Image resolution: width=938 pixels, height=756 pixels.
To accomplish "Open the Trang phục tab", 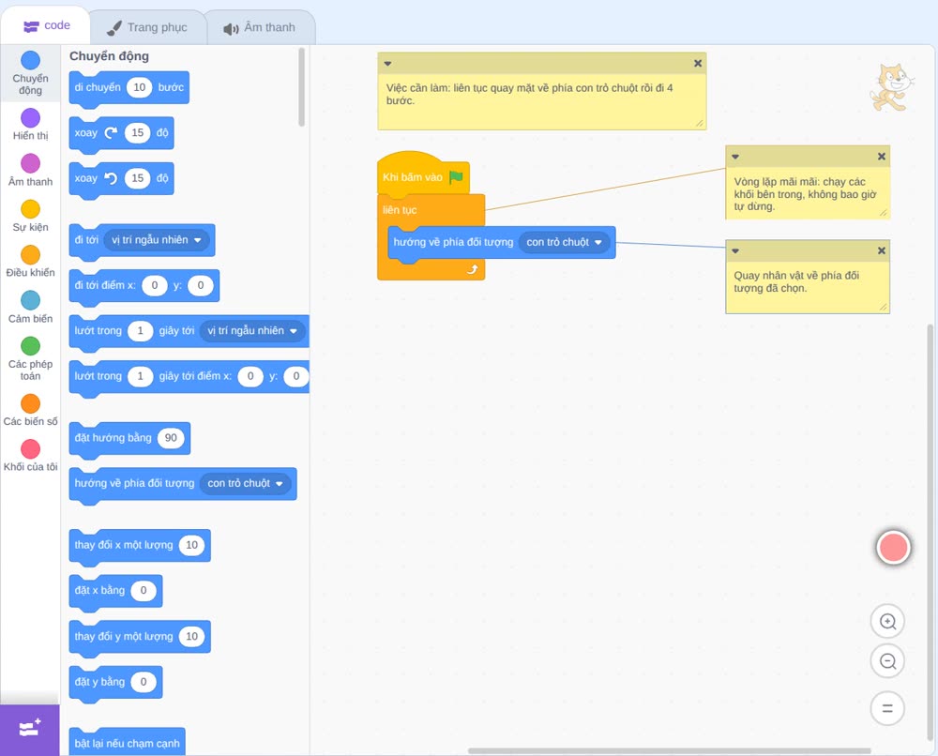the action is pyautogui.click(x=147, y=27).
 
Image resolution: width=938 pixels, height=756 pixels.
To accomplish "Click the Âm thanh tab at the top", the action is pyautogui.click(x=260, y=27).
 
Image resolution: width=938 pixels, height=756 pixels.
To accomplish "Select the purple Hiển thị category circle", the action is pyautogui.click(x=31, y=118).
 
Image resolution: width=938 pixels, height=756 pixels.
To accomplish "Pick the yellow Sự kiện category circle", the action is pyautogui.click(x=31, y=209).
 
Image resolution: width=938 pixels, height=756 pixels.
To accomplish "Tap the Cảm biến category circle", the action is pyautogui.click(x=31, y=300).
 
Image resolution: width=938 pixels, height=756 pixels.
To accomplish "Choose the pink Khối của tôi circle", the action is pyautogui.click(x=31, y=448).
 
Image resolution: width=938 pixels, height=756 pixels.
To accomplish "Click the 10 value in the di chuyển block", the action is pyautogui.click(x=140, y=87).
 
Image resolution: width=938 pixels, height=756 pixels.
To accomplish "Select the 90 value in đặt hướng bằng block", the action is pyautogui.click(x=171, y=438).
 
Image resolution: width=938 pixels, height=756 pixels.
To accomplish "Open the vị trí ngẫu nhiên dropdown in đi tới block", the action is pyautogui.click(x=156, y=240).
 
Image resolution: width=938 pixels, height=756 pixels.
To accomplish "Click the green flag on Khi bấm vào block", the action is pyautogui.click(x=456, y=177).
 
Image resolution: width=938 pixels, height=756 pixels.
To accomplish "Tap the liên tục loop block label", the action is pyautogui.click(x=400, y=210).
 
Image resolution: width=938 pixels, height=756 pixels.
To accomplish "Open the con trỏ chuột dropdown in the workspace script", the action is pyautogui.click(x=564, y=242).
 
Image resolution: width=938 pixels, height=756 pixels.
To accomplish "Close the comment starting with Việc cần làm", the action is pyautogui.click(x=698, y=64).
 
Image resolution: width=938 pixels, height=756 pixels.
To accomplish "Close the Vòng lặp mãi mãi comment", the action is pyautogui.click(x=881, y=157).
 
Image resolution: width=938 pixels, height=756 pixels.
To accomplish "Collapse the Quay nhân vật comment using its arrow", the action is pyautogui.click(x=735, y=251).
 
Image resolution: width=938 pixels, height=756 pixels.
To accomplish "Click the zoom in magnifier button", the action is pyautogui.click(x=887, y=622).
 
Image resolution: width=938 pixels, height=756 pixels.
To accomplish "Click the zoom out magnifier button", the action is pyautogui.click(x=887, y=661).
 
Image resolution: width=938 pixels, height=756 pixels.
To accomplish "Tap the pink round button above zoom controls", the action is pyautogui.click(x=893, y=547).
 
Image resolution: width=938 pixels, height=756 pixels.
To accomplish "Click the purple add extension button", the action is pyautogui.click(x=30, y=730).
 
